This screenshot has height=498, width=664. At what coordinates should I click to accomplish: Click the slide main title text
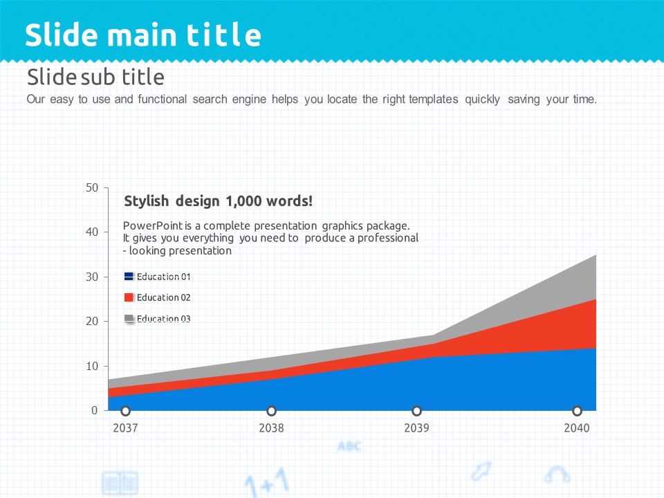pos(143,35)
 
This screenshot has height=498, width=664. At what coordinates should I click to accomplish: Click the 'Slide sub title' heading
pos(95,76)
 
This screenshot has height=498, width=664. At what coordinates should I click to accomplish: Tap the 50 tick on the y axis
pos(92,187)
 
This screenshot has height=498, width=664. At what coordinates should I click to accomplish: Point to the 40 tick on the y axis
pos(92,232)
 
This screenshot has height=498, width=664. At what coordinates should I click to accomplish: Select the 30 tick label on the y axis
pos(92,277)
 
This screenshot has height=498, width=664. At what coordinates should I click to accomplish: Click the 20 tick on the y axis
pos(92,321)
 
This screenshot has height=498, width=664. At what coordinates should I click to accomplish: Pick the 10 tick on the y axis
pos(92,366)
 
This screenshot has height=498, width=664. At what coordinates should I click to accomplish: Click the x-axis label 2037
pos(125,428)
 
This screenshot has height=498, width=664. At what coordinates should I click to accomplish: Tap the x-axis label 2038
pos(271,428)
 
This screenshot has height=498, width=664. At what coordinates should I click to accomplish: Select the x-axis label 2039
pos(416,428)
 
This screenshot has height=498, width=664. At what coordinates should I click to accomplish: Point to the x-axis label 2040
pos(577,428)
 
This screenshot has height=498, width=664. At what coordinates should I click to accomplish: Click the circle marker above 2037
pos(125,411)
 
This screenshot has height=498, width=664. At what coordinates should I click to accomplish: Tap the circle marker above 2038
pos(271,411)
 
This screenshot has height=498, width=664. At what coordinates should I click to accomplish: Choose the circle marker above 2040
pos(577,411)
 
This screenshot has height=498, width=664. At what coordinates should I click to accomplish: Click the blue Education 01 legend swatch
pos(129,277)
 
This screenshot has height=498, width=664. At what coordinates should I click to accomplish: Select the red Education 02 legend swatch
pos(129,297)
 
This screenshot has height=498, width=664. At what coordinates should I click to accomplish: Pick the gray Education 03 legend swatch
pos(129,318)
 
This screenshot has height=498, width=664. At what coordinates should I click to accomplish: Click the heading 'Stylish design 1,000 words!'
pos(218,201)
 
